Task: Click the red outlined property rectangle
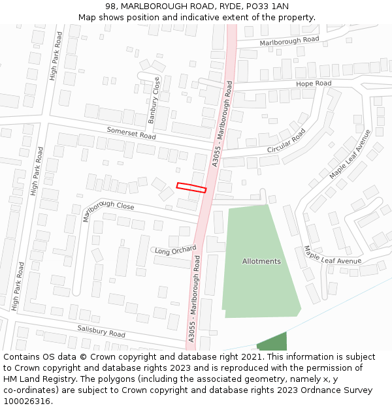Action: (x=191, y=187)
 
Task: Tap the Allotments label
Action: (x=261, y=261)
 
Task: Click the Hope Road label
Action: (x=314, y=84)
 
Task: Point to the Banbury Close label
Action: (x=154, y=101)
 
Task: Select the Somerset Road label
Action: (x=131, y=133)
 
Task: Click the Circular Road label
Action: (x=286, y=142)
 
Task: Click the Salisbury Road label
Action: (x=101, y=331)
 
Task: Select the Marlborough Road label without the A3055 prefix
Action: (x=289, y=40)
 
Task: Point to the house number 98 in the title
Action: (x=110, y=6)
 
